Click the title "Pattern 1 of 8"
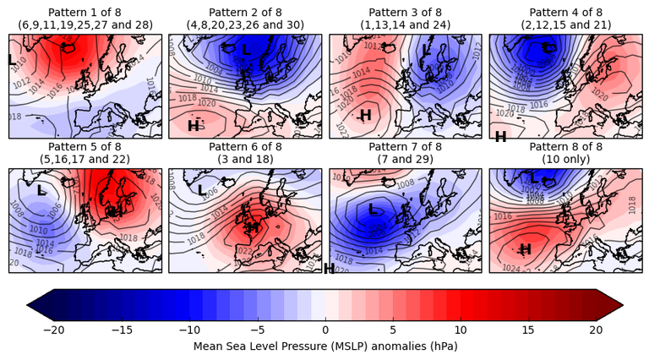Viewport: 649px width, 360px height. [x=85, y=12]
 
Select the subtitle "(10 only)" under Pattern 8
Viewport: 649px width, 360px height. [x=565, y=159]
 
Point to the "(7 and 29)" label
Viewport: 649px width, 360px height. [x=405, y=159]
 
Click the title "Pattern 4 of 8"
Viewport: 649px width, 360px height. [x=565, y=12]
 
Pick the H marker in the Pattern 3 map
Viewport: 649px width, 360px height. [x=366, y=115]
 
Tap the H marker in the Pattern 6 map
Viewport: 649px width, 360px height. [x=253, y=226]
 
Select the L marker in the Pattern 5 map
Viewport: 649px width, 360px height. [x=41, y=191]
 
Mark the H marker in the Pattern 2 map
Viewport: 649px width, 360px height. [x=194, y=126]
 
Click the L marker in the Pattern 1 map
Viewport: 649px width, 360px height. [x=12, y=60]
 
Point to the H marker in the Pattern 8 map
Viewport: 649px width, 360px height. [x=525, y=249]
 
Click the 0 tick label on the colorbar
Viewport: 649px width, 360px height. [x=325, y=330]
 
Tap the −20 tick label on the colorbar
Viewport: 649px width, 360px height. [x=53, y=330]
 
